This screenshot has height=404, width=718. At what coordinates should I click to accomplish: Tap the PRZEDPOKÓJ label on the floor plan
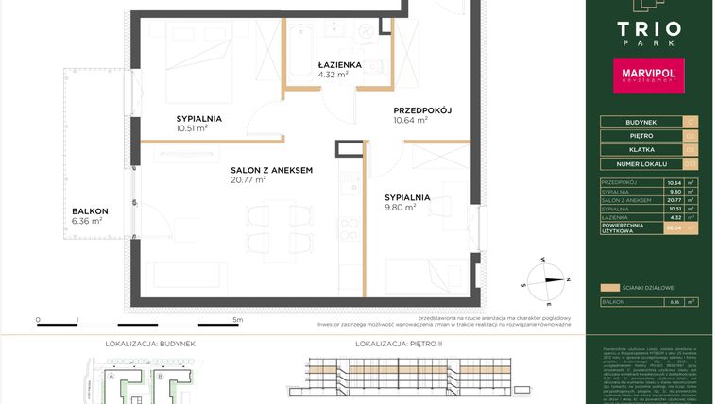[x=422, y=110]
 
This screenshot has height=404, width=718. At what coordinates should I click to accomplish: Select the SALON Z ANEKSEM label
[x=271, y=170]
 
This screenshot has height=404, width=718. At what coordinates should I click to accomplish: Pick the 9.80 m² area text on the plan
[x=400, y=208]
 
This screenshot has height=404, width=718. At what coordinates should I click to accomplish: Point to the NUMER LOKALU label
[x=630, y=162]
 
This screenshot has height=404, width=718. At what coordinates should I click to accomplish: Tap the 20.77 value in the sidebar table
[x=673, y=200]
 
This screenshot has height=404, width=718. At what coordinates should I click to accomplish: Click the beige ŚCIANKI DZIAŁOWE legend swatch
[x=610, y=286]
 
